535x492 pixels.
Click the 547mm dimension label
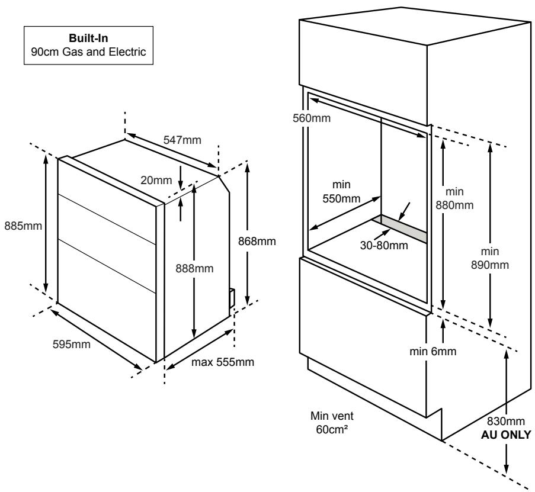click(x=182, y=140)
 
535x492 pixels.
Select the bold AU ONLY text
click(x=507, y=432)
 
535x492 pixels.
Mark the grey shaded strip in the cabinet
click(x=401, y=229)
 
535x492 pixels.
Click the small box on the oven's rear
click(x=231, y=297)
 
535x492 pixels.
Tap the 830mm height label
click(x=507, y=422)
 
